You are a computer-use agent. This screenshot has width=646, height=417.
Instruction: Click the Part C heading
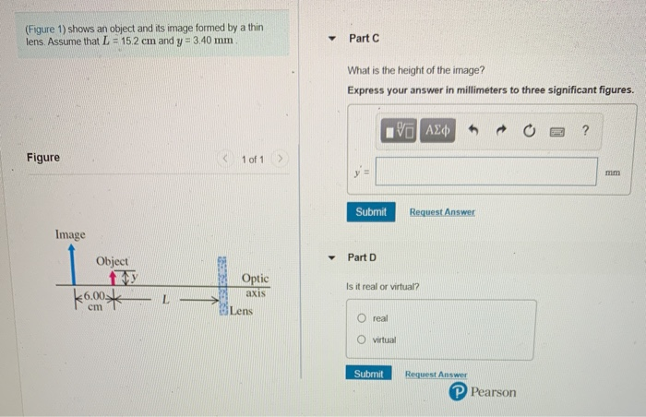tap(365, 38)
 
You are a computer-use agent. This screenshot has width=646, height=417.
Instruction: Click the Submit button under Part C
tap(371, 212)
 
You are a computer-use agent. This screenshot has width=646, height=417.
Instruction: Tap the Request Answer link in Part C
tap(443, 212)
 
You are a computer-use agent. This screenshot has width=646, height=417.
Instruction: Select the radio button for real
tap(363, 317)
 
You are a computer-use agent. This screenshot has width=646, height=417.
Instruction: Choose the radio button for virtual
tap(363, 340)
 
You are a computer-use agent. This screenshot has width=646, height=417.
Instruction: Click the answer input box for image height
tap(484, 172)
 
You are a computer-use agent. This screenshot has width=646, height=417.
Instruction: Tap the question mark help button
tap(585, 130)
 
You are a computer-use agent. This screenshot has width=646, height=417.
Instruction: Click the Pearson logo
tap(483, 392)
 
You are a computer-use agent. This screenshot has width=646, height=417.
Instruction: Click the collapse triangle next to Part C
tap(332, 39)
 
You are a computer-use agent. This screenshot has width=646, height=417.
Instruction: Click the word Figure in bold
tap(42, 158)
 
